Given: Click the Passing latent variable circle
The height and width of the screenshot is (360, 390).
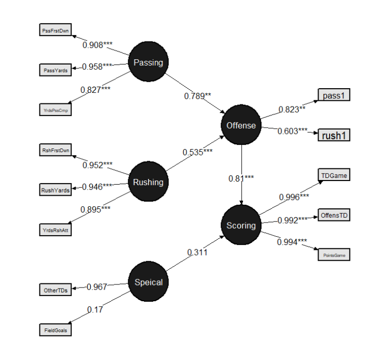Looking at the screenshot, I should click(x=149, y=62).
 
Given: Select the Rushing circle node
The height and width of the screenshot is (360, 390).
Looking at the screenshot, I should click(x=149, y=182).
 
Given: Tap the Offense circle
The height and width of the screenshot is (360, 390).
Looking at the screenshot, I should click(x=241, y=125).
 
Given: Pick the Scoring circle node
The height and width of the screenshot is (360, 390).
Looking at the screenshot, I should click(x=241, y=225).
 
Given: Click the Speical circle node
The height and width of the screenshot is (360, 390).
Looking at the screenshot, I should click(x=149, y=282).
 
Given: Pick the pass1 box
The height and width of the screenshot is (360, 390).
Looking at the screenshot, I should click(x=333, y=95).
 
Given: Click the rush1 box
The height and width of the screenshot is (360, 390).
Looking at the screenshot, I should click(x=333, y=135).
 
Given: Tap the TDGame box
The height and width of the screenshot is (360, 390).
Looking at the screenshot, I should click(x=333, y=175).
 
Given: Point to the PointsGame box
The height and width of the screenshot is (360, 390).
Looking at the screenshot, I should click(x=333, y=255).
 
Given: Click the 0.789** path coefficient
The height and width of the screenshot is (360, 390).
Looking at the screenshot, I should click(x=197, y=96).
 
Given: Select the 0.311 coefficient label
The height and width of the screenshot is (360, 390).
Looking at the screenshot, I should click(x=197, y=252).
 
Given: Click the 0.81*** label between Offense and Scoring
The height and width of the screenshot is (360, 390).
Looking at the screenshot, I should click(x=241, y=178).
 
